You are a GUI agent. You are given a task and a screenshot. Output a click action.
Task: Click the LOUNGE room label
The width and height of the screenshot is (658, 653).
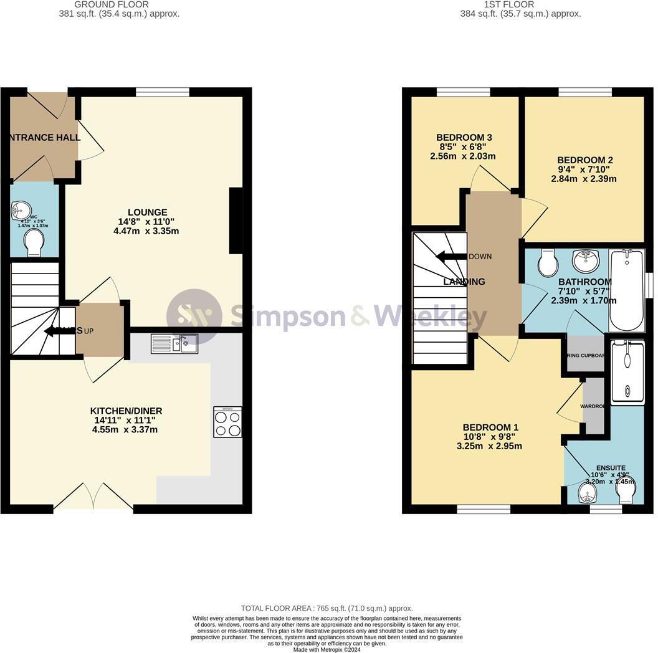(x=148, y=212)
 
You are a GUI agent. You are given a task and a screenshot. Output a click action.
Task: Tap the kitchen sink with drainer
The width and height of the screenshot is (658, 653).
(x=174, y=343)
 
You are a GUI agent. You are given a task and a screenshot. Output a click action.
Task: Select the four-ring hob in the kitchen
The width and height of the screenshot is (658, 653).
(x=227, y=422)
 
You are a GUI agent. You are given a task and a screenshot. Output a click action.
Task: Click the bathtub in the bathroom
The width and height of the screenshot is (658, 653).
(x=627, y=290)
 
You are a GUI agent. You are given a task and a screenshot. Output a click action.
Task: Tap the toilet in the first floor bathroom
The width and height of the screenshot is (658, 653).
(x=548, y=263)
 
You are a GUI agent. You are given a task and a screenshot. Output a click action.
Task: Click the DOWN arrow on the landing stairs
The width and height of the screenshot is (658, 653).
(x=449, y=257)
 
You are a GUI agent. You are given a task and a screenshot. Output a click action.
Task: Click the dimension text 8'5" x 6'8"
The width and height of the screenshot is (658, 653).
(x=463, y=147)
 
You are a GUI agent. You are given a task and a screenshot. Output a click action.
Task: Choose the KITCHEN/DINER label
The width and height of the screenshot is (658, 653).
(x=126, y=411)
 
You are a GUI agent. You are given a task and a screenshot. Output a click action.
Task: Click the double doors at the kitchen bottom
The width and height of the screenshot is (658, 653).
(x=93, y=497)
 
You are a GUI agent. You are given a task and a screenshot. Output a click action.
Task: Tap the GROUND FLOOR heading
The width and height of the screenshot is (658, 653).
(x=112, y=4)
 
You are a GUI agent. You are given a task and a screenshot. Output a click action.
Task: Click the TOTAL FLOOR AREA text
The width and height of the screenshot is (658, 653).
(x=327, y=608)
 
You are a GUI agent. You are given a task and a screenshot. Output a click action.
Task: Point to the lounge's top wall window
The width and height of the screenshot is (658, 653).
(x=163, y=92)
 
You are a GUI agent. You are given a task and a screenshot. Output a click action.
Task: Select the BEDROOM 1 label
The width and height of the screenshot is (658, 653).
(x=490, y=427)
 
